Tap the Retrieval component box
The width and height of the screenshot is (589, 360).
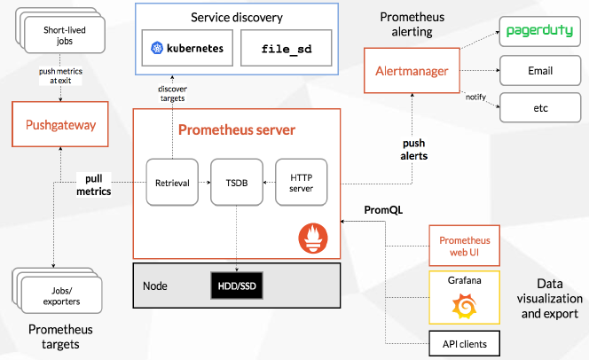pyautogui.click(x=172, y=183)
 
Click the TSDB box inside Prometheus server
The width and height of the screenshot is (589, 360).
pyautogui.click(x=237, y=183)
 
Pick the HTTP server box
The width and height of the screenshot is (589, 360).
pyautogui.click(x=302, y=183)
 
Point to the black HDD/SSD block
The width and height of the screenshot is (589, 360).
pyautogui.click(x=237, y=286)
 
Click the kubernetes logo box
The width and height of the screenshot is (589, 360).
pyautogui.click(x=186, y=47)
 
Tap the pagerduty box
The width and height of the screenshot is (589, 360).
pyautogui.click(x=541, y=32)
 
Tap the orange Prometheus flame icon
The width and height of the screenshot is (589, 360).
pyautogui.click(x=314, y=237)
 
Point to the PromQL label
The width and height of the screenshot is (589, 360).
pyautogui.click(x=383, y=210)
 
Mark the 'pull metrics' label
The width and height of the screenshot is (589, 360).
pyautogui.click(x=92, y=184)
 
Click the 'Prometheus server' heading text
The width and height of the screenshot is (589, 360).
pyautogui.click(x=237, y=130)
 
